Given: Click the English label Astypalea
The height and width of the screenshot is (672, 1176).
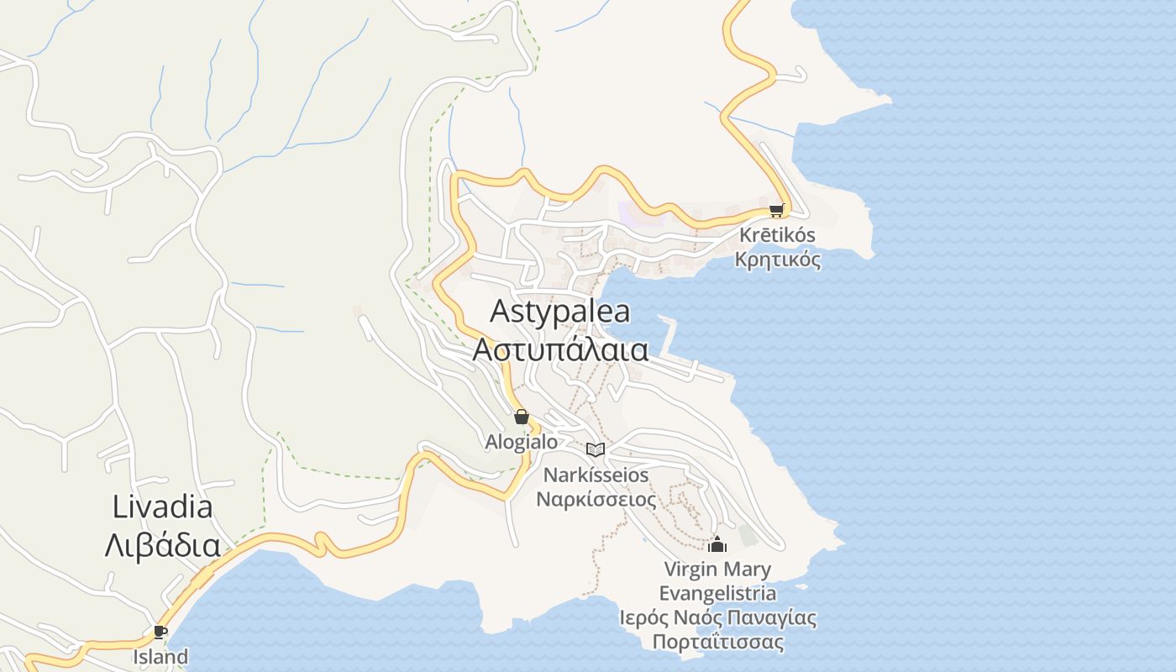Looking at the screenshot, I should (559, 312).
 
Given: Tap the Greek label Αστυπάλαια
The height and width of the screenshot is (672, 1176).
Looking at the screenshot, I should (560, 349).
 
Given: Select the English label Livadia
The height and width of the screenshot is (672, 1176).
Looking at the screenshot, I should (162, 507).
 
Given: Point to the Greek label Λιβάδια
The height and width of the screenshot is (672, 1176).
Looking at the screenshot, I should (162, 545).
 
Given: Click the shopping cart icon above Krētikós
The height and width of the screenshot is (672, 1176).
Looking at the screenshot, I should (776, 211).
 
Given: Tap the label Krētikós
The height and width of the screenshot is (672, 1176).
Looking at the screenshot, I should (777, 235).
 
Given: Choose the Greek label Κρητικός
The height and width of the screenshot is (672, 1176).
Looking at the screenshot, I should (777, 260).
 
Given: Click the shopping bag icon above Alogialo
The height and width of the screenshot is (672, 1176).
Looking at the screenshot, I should (521, 417).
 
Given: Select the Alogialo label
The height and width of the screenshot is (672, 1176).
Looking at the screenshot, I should (521, 441).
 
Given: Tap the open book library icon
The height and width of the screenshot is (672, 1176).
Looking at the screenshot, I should (596, 449).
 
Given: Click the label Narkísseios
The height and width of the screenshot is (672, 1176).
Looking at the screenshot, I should (596, 475).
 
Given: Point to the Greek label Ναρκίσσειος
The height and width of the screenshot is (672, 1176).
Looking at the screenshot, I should (596, 499).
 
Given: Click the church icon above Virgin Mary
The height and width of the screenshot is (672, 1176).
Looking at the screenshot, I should (717, 544).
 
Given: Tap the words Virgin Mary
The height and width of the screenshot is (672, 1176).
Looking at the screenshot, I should (717, 570).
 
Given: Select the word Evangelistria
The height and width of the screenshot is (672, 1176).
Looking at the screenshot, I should (717, 594).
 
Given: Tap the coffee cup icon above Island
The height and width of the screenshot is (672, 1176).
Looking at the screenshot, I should (160, 632).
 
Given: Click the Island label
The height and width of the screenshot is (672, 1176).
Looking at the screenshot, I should (160, 656).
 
